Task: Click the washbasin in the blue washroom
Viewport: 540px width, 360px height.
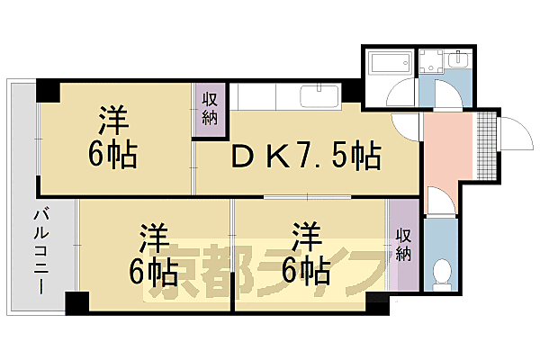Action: click(x=458, y=61)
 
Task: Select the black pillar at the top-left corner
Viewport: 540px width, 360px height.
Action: click(x=47, y=91)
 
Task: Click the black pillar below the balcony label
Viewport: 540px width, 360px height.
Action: click(x=77, y=303)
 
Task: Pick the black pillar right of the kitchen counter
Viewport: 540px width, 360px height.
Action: click(x=352, y=92)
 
